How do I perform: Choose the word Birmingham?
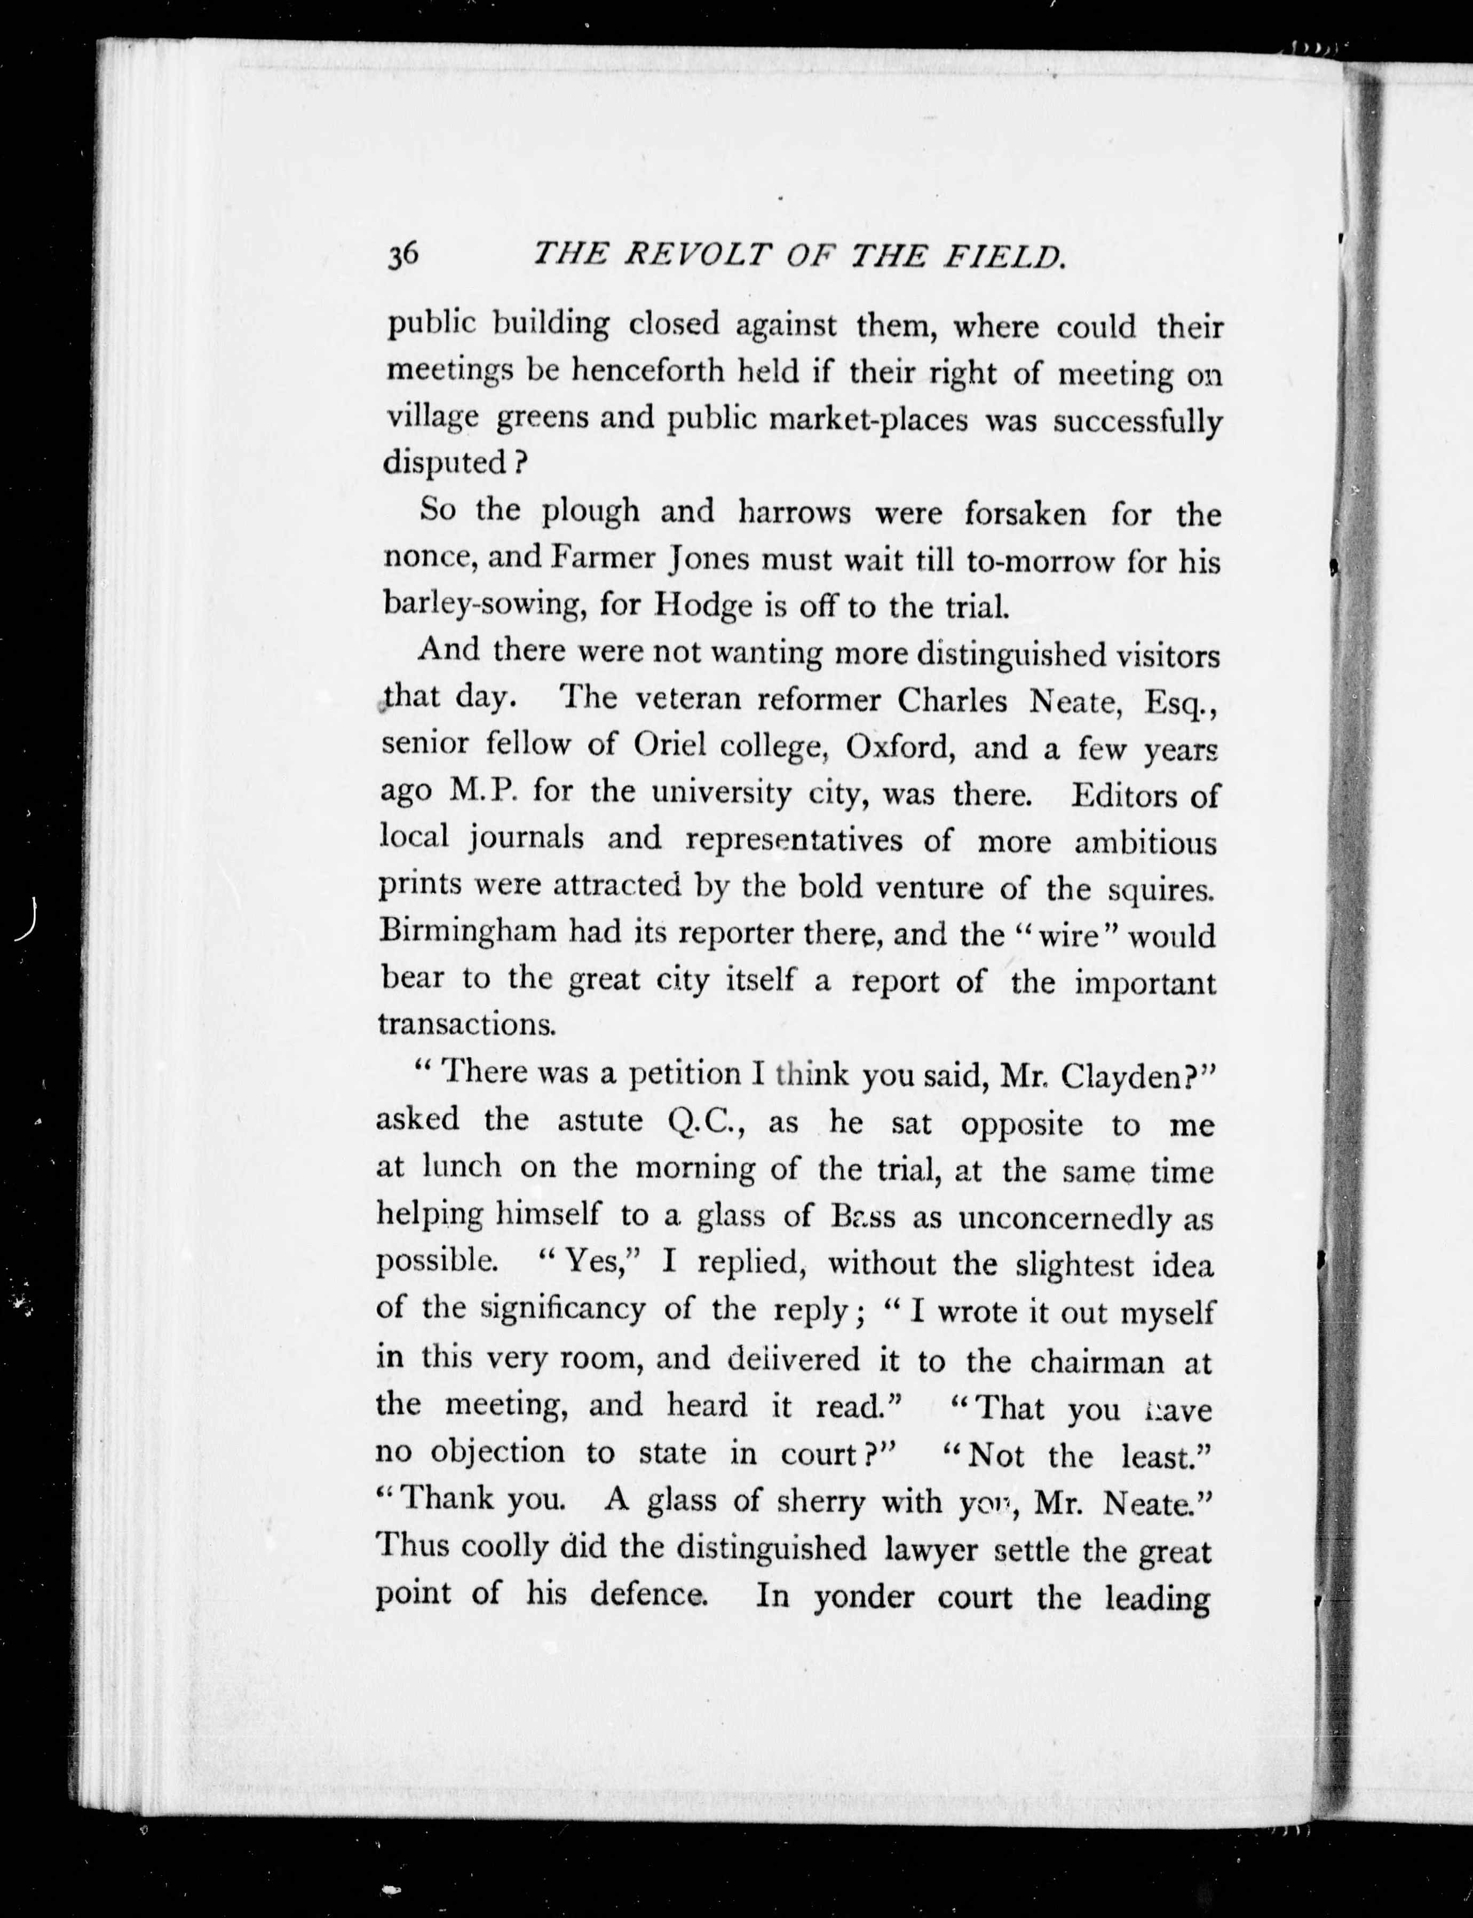468,931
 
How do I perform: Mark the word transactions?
468,1024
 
